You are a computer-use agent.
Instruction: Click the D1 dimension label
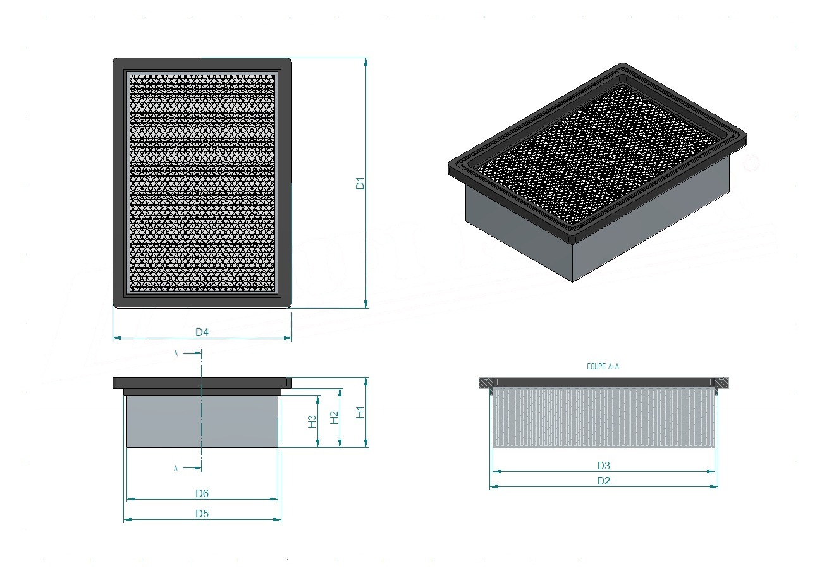click(360, 183)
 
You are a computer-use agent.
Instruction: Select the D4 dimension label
click(202, 332)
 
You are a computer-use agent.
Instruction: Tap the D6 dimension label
click(202, 493)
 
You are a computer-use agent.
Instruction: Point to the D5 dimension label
click(202, 514)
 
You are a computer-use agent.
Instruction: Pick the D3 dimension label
click(603, 466)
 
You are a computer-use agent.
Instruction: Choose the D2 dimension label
click(603, 481)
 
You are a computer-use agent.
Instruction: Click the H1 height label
click(360, 412)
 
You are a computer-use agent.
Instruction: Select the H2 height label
click(334, 417)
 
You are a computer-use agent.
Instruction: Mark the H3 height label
click(312, 421)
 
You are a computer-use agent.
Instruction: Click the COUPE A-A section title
click(603, 366)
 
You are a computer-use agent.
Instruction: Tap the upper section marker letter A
click(176, 353)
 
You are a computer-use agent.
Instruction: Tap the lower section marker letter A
click(176, 469)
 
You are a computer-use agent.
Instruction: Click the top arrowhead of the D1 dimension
click(365, 62)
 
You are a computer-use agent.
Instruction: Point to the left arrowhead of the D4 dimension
click(117, 338)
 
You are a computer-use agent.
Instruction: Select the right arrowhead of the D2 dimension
click(714, 487)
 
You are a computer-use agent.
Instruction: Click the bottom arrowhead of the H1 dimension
click(365, 443)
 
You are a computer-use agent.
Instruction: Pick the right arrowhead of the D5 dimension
click(277, 519)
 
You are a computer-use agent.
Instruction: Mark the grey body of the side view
click(202, 421)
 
